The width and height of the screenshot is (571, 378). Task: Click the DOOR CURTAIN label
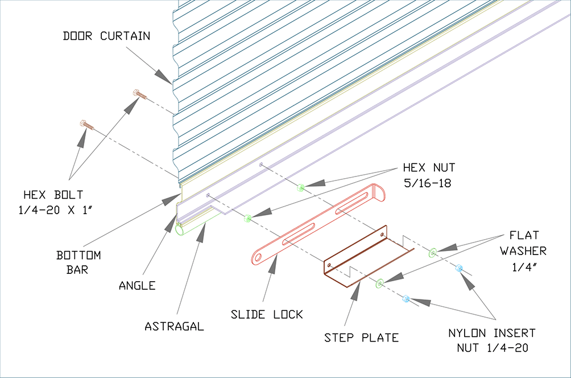tap(106, 36)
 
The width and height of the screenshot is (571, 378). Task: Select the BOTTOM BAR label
tap(78, 262)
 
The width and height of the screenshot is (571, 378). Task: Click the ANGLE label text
tap(137, 285)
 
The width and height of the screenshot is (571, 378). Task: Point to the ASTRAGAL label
tap(174, 326)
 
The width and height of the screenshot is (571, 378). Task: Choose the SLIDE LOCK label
tap(267, 314)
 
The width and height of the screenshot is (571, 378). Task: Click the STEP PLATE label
tap(361, 338)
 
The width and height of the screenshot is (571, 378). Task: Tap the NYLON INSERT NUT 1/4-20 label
tap(492, 340)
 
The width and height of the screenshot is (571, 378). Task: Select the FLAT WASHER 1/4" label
tap(523, 251)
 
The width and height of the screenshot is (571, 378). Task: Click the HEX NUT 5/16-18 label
tap(429, 175)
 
